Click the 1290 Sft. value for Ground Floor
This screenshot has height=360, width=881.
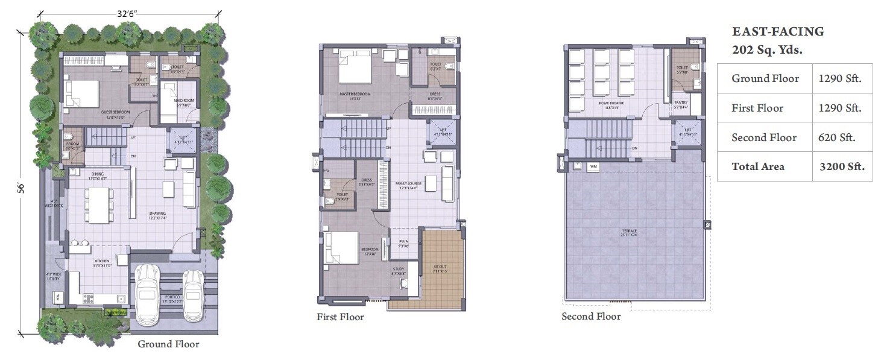click(839, 78)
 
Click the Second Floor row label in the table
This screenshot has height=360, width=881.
click(764, 137)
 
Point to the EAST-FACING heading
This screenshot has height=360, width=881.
click(777, 32)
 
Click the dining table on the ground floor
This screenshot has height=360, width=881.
click(97, 204)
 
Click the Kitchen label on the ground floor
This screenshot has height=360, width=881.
click(101, 261)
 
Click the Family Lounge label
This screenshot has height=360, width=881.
click(408, 183)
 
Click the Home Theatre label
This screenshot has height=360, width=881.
click(611, 103)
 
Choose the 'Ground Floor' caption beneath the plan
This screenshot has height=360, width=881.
click(168, 344)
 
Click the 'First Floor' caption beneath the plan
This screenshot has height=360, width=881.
click(340, 317)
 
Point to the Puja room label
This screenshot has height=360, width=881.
click(403, 243)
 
